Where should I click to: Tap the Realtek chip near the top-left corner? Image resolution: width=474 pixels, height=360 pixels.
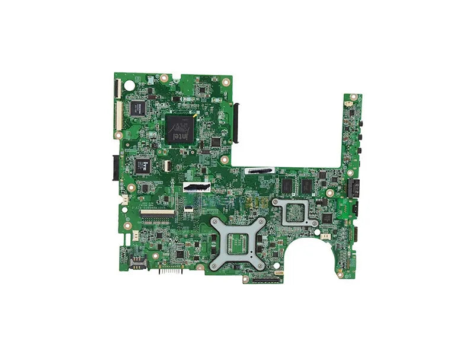(x=137, y=107)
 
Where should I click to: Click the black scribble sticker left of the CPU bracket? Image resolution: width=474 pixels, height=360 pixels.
(x=197, y=187)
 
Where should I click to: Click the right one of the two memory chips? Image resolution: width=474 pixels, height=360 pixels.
(x=306, y=186)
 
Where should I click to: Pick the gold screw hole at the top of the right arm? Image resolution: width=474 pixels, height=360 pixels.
(x=354, y=96)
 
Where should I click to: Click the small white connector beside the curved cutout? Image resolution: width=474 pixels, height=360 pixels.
(x=325, y=235)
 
